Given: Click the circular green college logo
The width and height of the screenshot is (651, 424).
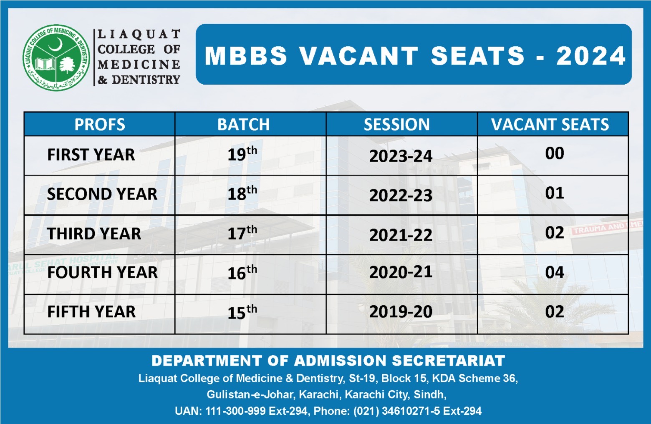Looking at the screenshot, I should (x=56, y=57).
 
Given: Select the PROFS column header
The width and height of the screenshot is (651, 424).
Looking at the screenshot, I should (x=99, y=125).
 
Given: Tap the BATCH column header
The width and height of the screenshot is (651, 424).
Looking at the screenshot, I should (x=243, y=125).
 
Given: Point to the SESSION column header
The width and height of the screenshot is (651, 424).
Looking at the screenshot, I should (x=396, y=125).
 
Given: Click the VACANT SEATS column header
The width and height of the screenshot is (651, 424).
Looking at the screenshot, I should (x=550, y=125).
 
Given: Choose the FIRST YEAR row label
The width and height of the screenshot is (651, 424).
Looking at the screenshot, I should (x=91, y=155).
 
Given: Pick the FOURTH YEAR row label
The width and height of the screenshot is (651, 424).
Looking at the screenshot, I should (x=102, y=273).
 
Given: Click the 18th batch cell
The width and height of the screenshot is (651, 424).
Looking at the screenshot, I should (x=242, y=193).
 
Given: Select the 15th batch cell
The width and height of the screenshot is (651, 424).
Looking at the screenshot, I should (x=242, y=312).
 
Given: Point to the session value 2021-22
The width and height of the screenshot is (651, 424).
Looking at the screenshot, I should (x=401, y=235).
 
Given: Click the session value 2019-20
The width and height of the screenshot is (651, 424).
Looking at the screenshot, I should (x=401, y=312).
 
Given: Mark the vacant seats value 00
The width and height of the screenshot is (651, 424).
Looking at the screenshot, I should (x=554, y=153).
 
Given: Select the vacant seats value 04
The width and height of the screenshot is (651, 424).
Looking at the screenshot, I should (x=554, y=273).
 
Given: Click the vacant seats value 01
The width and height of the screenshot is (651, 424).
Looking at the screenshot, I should (x=554, y=193).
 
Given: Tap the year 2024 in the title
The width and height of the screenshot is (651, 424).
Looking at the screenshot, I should (x=590, y=56).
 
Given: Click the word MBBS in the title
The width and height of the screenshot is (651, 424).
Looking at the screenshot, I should (x=246, y=56).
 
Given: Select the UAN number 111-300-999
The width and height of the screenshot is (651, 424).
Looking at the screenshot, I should (x=235, y=411).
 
